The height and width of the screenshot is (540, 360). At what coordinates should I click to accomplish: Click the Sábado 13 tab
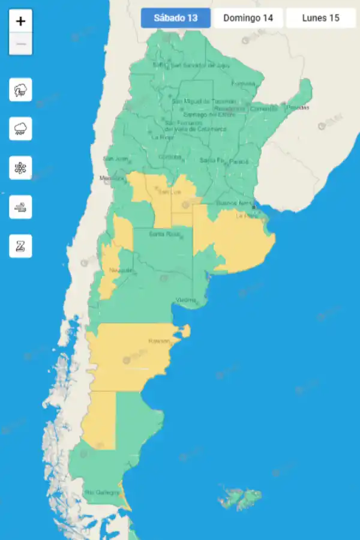click(176, 18)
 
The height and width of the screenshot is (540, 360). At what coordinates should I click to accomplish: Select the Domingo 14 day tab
click(248, 18)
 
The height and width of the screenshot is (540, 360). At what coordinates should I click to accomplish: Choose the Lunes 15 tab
click(320, 18)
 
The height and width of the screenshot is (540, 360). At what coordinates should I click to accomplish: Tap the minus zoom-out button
click(20, 44)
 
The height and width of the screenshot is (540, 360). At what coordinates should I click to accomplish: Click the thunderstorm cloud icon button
click(20, 90)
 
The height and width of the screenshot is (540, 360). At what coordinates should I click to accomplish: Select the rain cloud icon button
click(20, 129)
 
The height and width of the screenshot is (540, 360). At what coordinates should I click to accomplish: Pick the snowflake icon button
click(20, 168)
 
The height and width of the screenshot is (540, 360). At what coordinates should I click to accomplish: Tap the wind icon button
click(20, 207)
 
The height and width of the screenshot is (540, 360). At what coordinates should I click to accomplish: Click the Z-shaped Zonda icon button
click(20, 246)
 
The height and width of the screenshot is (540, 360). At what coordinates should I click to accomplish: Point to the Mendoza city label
click(111, 178)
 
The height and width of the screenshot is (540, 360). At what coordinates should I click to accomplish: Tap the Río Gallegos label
click(98, 493)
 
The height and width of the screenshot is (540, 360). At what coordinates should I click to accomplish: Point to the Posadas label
click(298, 107)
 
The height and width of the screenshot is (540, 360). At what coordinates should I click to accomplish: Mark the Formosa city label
click(243, 83)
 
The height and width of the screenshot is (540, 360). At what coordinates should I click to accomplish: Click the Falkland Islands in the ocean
click(239, 497)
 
